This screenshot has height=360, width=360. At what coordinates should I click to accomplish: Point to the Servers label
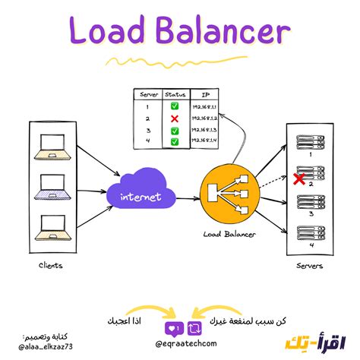click(x=311, y=266)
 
